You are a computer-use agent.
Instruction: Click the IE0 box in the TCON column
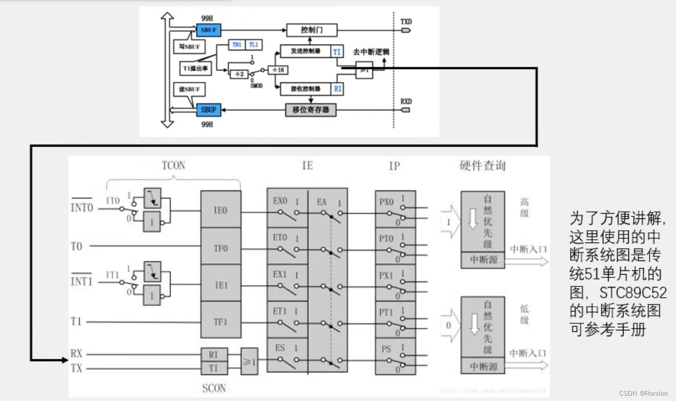point(221,210)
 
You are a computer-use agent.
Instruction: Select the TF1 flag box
point(221,322)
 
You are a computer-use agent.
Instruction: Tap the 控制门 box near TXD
point(312,30)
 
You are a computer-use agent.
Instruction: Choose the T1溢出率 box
point(196,69)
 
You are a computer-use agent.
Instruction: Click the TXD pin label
point(406,21)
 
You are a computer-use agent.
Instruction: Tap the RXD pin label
point(406,101)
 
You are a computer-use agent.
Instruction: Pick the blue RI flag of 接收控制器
point(338,89)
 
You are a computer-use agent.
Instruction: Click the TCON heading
point(173,165)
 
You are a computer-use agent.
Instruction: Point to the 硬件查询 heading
point(482,165)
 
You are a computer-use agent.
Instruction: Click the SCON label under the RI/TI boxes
point(214,388)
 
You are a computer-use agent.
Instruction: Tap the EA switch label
point(322,202)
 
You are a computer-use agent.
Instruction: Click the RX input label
point(77,354)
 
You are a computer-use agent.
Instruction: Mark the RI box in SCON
point(214,354)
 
